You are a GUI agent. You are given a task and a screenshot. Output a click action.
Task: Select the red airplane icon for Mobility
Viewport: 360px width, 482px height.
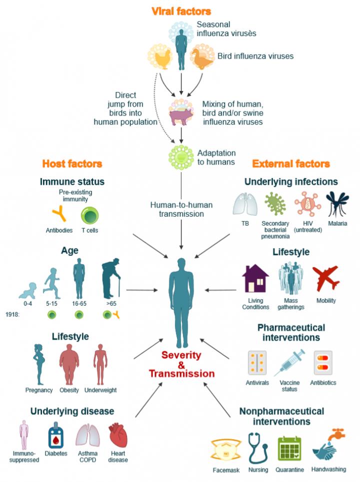point(325,278)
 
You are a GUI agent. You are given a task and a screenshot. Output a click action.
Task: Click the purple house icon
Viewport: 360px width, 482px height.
point(255,278)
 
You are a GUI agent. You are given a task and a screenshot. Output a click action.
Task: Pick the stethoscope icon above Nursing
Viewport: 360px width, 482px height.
point(258,447)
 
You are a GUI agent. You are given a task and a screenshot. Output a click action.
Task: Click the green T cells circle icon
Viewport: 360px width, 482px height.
point(90,216)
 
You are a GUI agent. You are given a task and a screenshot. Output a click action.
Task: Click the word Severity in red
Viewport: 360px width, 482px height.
point(181,355)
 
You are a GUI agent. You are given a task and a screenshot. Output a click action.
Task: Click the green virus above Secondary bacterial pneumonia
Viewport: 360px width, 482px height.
point(274,204)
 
